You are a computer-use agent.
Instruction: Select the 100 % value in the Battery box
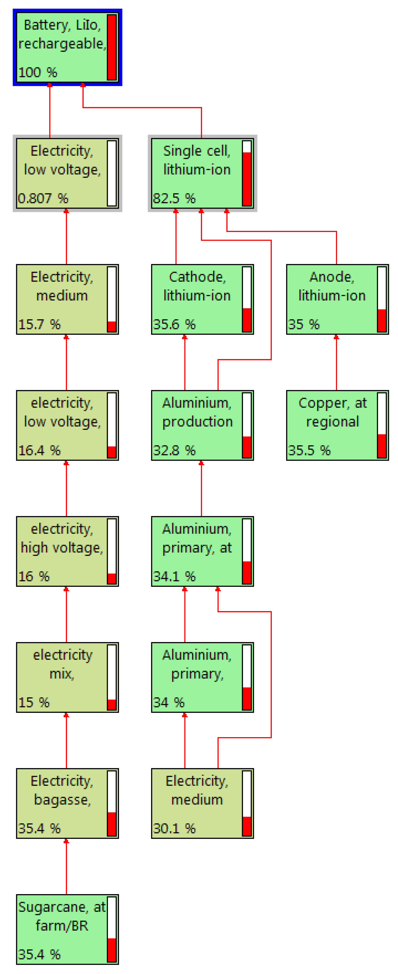(x=38, y=72)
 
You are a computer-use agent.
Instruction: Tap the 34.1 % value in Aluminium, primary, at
(x=174, y=576)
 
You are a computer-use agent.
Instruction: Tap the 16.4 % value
(x=39, y=450)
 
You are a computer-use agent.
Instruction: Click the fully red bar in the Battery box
(x=112, y=47)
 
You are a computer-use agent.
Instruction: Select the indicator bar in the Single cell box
(x=247, y=173)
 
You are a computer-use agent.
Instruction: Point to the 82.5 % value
(x=174, y=198)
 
